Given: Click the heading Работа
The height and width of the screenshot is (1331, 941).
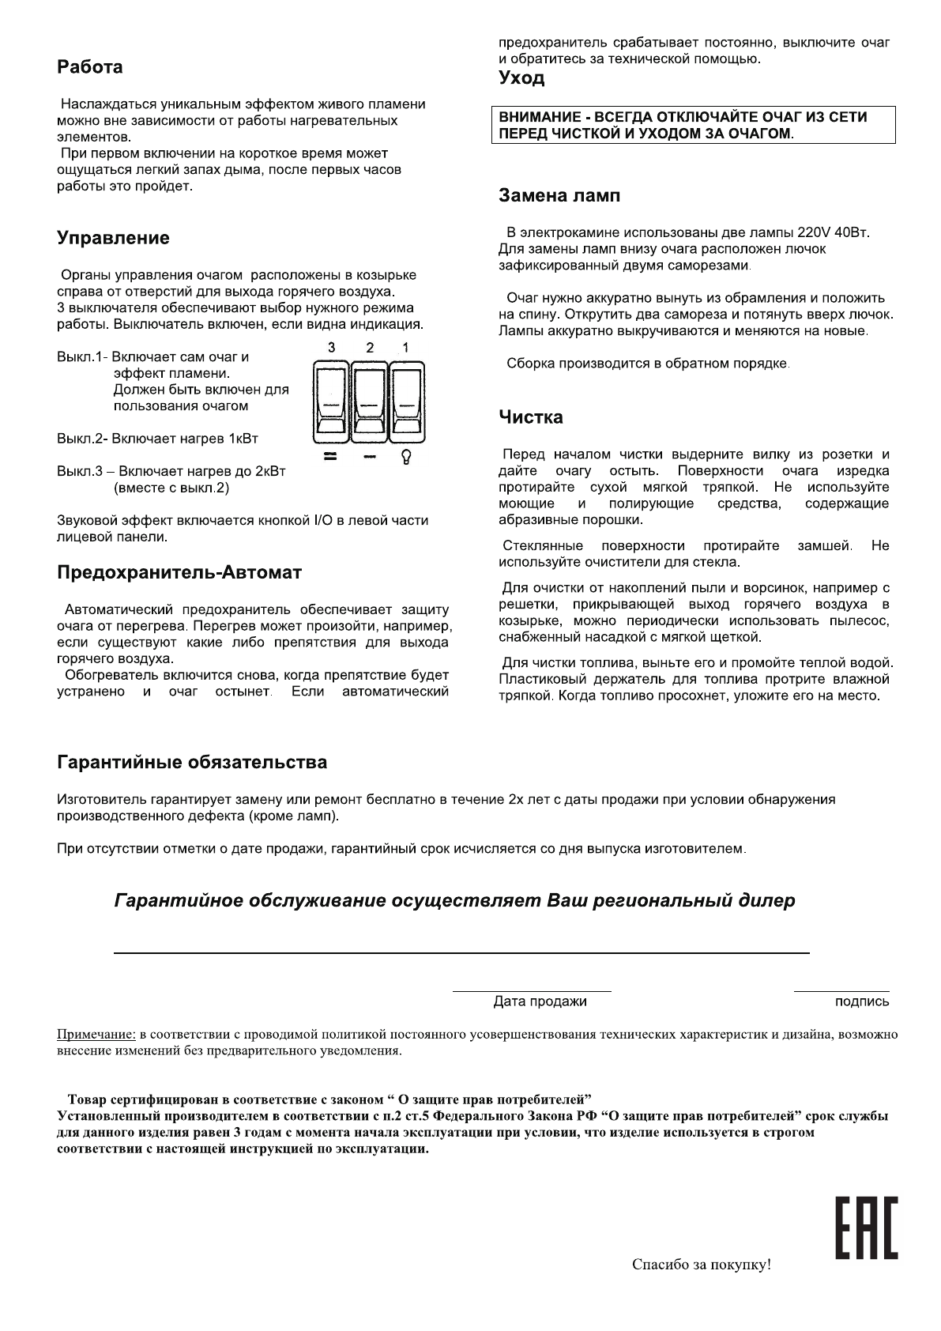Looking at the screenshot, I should [89, 67].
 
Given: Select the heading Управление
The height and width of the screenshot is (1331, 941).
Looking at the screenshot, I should [113, 238].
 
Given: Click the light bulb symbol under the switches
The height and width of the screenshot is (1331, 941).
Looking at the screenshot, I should [406, 458].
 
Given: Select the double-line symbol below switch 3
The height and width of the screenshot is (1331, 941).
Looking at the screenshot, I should [331, 457].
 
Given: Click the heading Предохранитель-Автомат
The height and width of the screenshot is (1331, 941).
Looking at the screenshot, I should [179, 572].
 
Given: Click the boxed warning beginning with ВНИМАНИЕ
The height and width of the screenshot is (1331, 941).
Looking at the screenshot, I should [693, 125].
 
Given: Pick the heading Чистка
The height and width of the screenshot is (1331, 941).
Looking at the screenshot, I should [530, 417].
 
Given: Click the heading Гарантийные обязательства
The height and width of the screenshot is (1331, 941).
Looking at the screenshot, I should [192, 763].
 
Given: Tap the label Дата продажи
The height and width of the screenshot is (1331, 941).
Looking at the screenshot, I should [540, 1001].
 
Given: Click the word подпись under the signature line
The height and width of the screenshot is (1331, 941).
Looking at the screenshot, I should [861, 1001].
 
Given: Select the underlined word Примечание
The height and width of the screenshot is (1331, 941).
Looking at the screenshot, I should [96, 1034].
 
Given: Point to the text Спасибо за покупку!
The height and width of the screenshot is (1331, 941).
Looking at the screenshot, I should [701, 1265].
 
